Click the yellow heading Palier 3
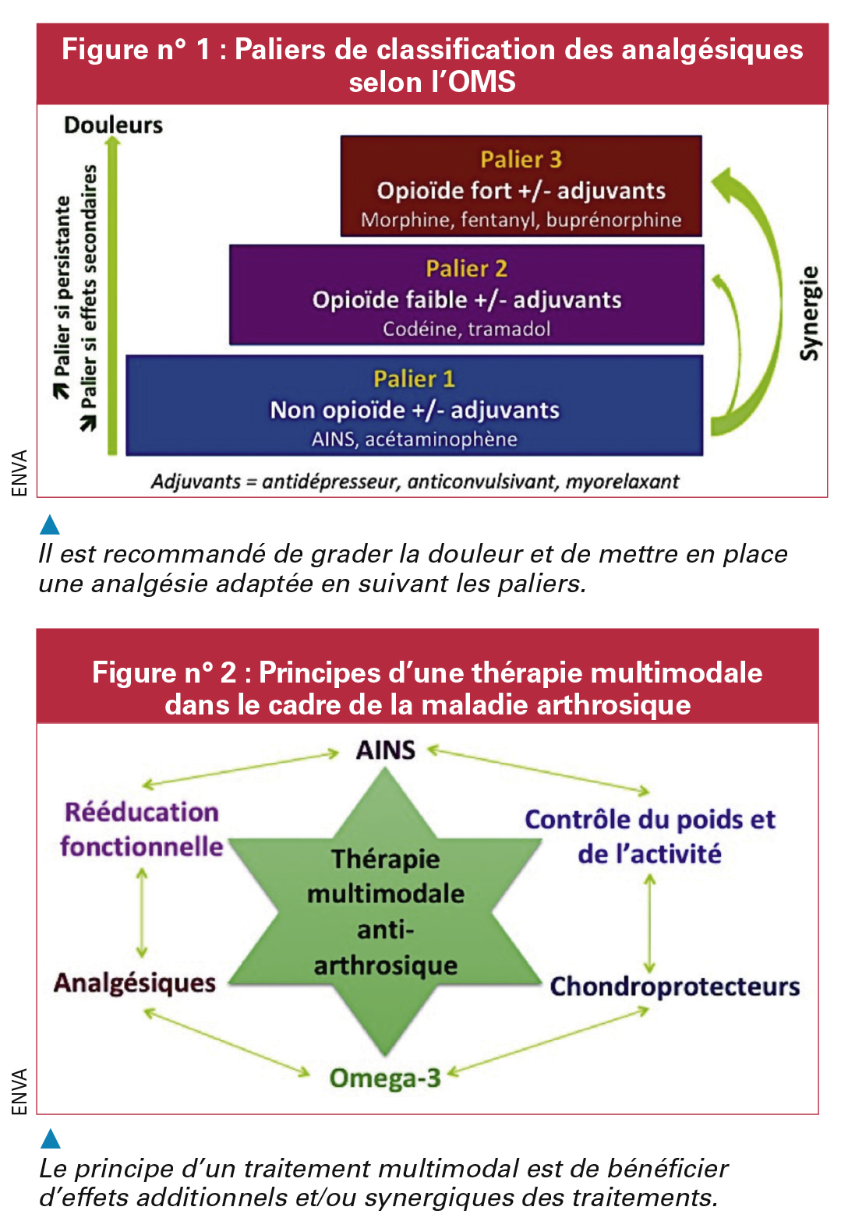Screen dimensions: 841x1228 coord(521,160)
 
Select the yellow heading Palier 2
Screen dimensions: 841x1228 coord(467,269)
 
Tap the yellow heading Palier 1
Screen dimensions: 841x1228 coord(414,379)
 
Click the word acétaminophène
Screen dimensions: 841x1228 coord(441,439)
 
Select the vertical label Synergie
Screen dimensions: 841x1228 coord(810,313)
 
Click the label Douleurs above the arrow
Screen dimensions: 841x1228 coord(114,125)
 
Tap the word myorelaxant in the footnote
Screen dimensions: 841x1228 coord(622,482)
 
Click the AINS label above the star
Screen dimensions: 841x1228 coord(385,750)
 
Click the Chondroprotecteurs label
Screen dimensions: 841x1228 coord(675,986)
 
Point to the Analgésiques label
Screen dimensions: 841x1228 coord(135,983)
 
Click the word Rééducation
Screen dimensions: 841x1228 coord(141,812)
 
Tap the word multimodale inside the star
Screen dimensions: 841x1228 coord(385,895)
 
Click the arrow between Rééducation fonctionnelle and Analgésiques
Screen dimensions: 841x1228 coord(142,912)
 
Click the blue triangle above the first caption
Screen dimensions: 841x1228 coord(50,524)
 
